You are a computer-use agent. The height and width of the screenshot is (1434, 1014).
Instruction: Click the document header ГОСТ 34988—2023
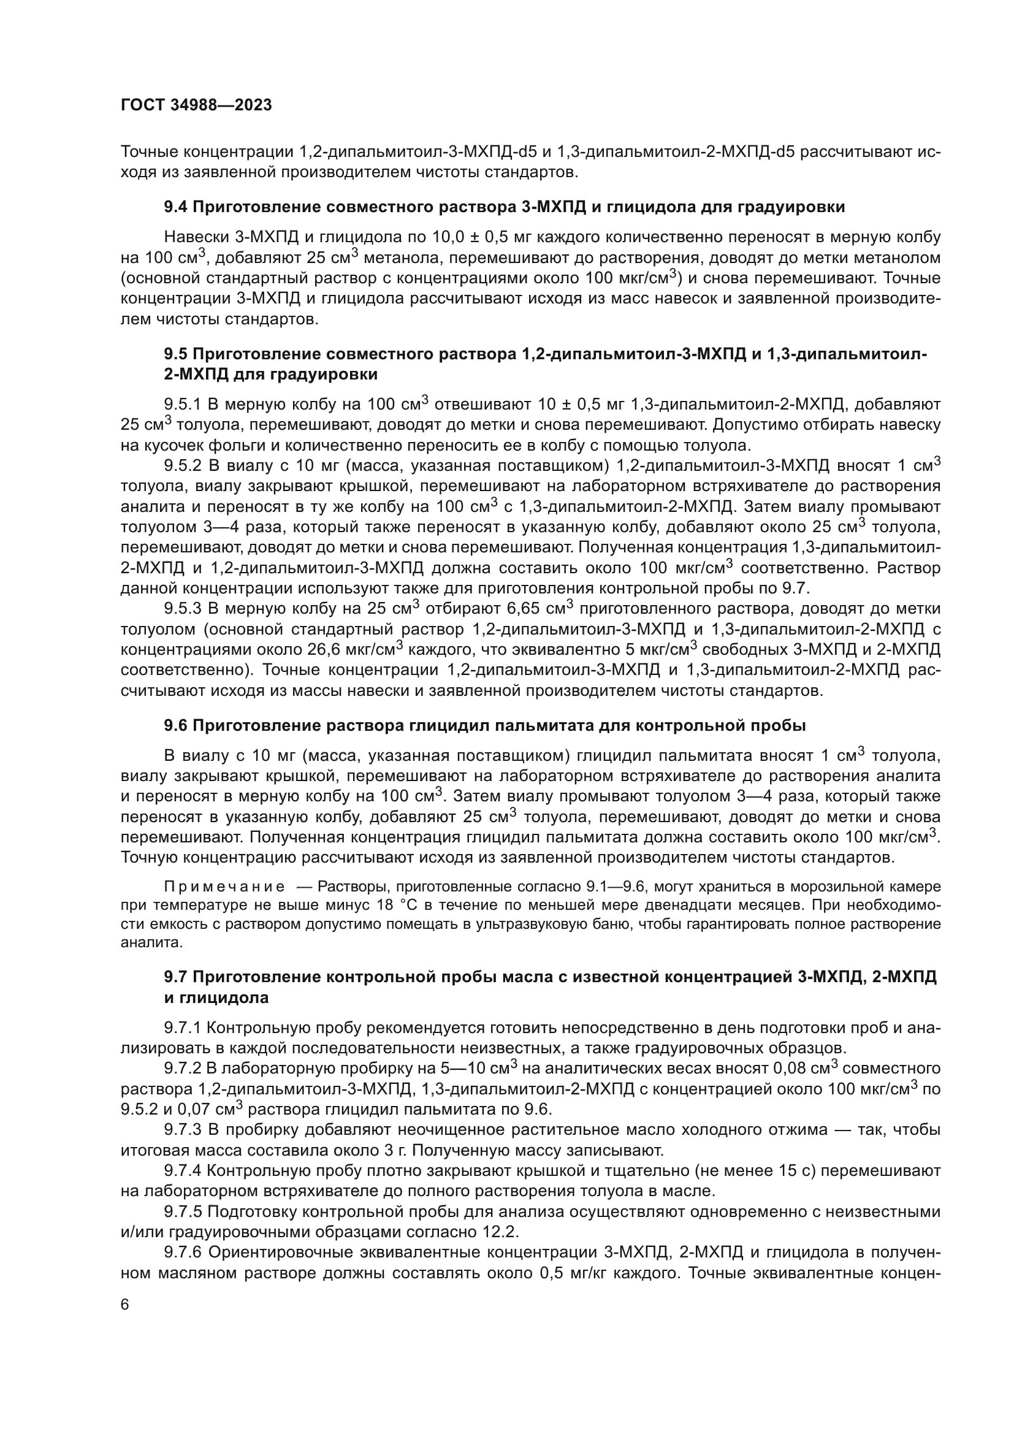click(x=196, y=105)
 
